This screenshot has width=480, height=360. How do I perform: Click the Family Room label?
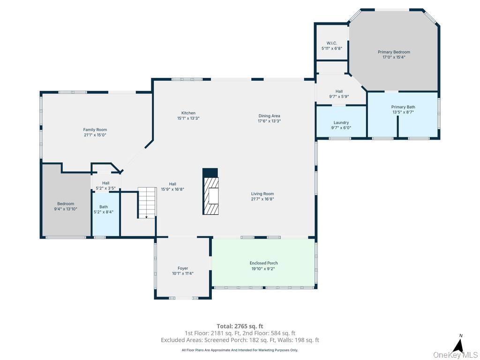tap(95, 130)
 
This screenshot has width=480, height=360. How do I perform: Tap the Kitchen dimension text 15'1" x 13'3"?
tap(188, 118)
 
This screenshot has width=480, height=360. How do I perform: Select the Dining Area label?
tap(269, 116)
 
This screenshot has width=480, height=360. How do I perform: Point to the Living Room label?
tap(262, 194)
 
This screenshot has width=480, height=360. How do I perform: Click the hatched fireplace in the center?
tap(210, 191)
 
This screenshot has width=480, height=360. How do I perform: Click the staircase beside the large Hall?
tap(147, 202)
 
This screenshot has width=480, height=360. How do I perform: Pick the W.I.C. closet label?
tap(331, 43)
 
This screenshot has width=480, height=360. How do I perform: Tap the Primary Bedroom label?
tap(394, 52)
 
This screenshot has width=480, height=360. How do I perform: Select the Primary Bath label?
tap(403, 107)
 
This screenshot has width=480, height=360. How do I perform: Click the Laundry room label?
tap(341, 122)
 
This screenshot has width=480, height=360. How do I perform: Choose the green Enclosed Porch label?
tap(263, 263)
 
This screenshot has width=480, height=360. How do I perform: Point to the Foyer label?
tap(183, 268)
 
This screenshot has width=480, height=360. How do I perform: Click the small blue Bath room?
tap(105, 214)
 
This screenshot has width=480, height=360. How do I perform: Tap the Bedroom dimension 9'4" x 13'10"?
tap(66, 209)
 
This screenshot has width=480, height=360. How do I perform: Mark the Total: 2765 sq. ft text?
tap(240, 326)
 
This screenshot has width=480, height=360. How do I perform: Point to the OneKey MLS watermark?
tap(455, 355)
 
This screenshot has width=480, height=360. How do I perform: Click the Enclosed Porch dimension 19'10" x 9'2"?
tap(263, 269)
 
